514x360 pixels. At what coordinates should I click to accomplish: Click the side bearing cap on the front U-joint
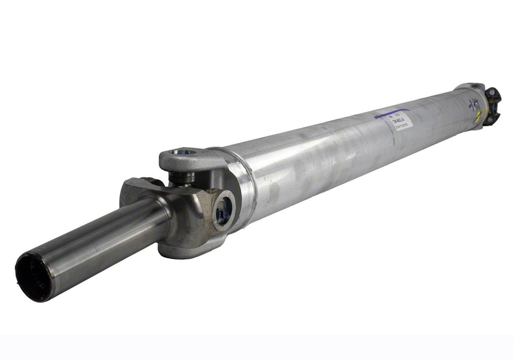223,210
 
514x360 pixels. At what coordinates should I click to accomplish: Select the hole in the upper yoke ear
182,152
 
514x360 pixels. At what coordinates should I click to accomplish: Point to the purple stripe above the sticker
392,113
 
